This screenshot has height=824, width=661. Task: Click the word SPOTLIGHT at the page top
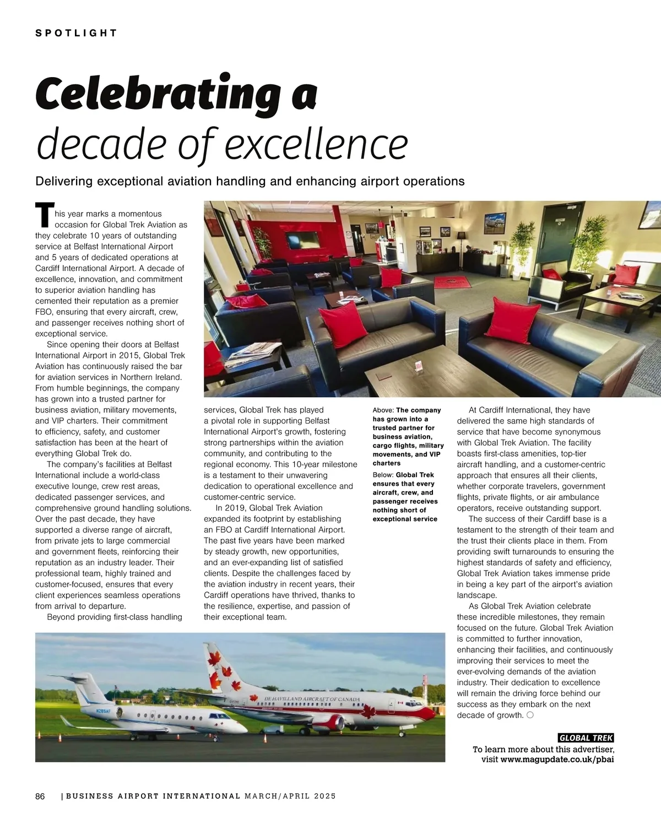(76, 33)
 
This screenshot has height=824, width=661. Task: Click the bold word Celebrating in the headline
(157, 94)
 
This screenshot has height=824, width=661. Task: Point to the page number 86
(40, 796)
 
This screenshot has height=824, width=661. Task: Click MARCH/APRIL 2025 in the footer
(290, 796)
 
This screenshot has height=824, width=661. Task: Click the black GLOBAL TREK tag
(586, 738)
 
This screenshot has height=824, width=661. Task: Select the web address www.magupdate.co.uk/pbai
(557, 760)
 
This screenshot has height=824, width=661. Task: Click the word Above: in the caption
(383, 410)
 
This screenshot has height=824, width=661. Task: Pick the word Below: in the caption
(383, 475)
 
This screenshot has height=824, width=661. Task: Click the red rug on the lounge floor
(453, 282)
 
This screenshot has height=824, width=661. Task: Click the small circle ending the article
(529, 715)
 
